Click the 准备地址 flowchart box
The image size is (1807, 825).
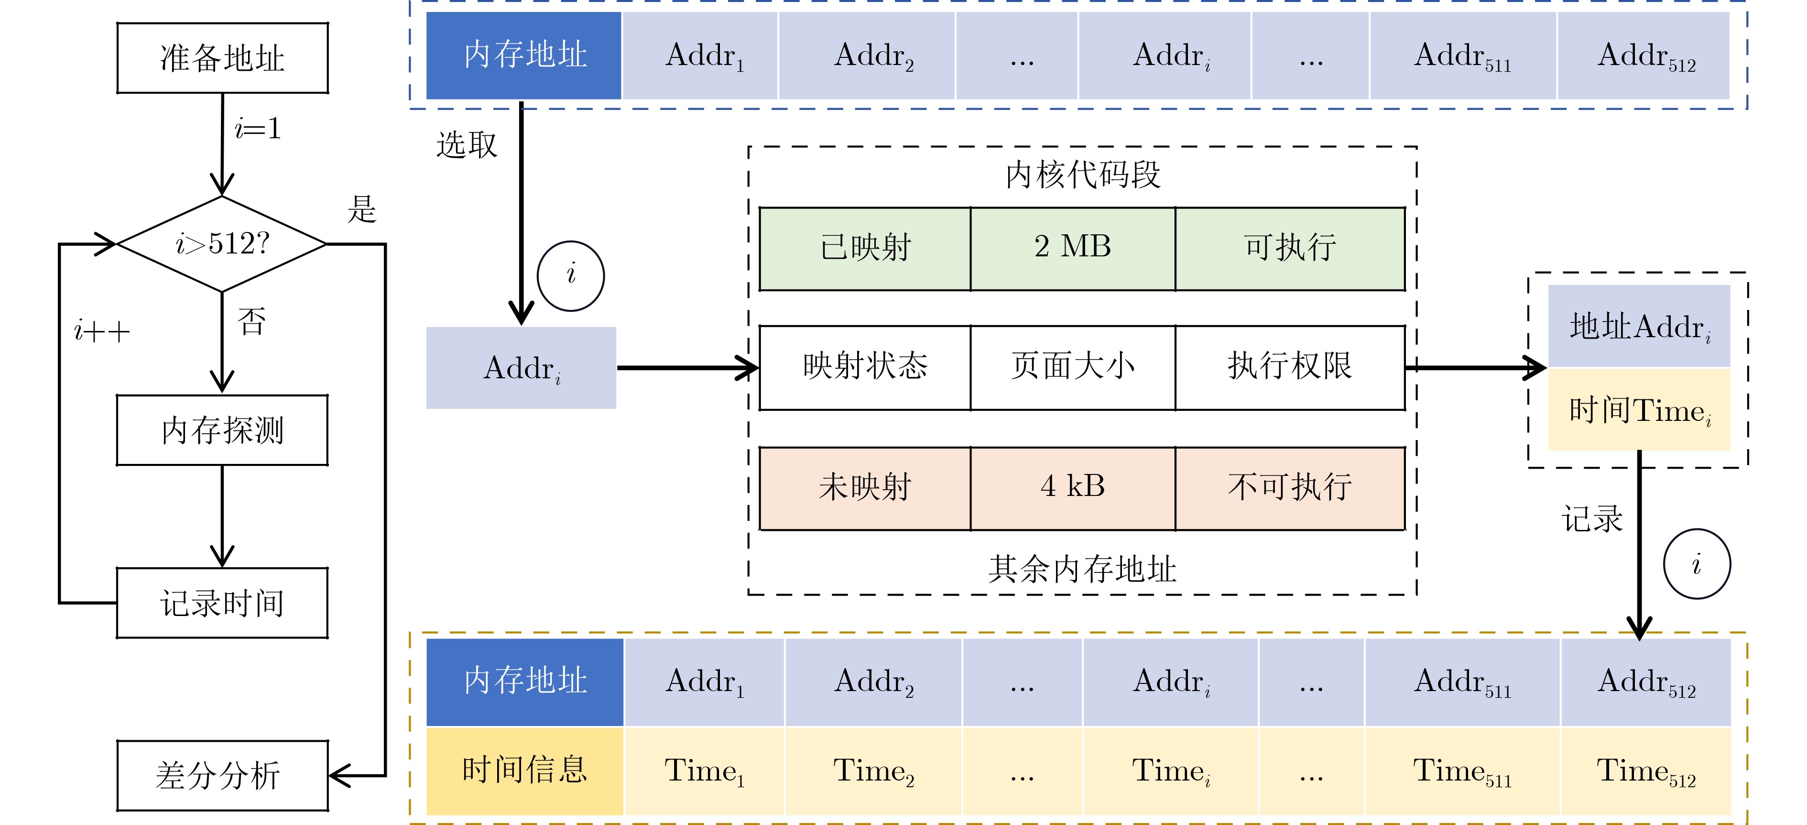click(x=222, y=57)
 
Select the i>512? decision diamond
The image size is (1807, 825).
click(x=222, y=243)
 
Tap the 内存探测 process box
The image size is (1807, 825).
click(x=222, y=430)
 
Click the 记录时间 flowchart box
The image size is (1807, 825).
click(x=222, y=603)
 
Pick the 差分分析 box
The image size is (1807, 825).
click(x=222, y=775)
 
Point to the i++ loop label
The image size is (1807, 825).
click(x=102, y=331)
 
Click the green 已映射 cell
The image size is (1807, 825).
click(x=865, y=248)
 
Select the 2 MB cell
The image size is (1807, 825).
click(x=1073, y=248)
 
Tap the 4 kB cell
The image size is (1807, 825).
click(x=1073, y=487)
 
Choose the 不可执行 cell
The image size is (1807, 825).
click(x=1290, y=487)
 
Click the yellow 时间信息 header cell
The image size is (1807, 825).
click(x=525, y=770)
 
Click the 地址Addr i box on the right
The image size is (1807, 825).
click(x=1639, y=326)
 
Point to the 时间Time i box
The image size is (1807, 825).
click(x=1639, y=410)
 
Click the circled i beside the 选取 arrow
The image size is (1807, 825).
click(x=570, y=275)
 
